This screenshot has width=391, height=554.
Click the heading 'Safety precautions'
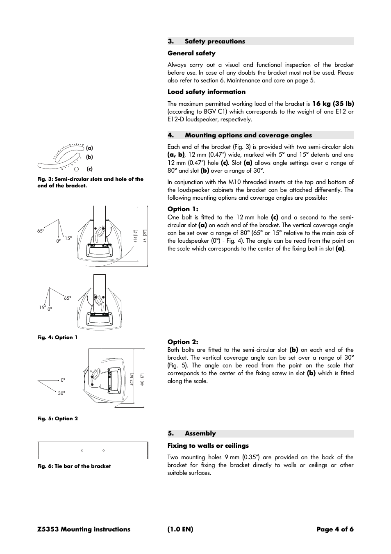[x=214, y=41]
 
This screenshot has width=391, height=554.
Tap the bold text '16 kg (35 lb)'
[x=333, y=104]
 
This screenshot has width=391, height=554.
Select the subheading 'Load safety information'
[x=206, y=92]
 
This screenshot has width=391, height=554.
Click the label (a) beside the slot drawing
[x=89, y=148]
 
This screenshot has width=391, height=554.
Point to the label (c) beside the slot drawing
[x=89, y=169]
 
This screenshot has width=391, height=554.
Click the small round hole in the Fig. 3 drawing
[x=76, y=169]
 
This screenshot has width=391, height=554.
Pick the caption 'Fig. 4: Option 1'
[x=57, y=337]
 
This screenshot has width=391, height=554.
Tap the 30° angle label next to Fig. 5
[x=61, y=393]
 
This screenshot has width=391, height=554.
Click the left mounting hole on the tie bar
[x=82, y=450]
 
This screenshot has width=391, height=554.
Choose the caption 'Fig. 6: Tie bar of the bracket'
[x=74, y=466]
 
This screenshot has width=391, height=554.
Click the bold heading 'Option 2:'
[x=182, y=342]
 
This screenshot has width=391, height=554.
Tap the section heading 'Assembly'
[x=200, y=433]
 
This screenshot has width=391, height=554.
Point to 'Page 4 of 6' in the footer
[x=335, y=529]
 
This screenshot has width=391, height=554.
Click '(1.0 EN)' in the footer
[x=180, y=529]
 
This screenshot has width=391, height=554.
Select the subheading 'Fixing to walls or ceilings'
[x=208, y=446]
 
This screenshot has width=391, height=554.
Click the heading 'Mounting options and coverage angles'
[x=248, y=135]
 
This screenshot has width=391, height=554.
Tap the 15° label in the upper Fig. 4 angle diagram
[x=68, y=238]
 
